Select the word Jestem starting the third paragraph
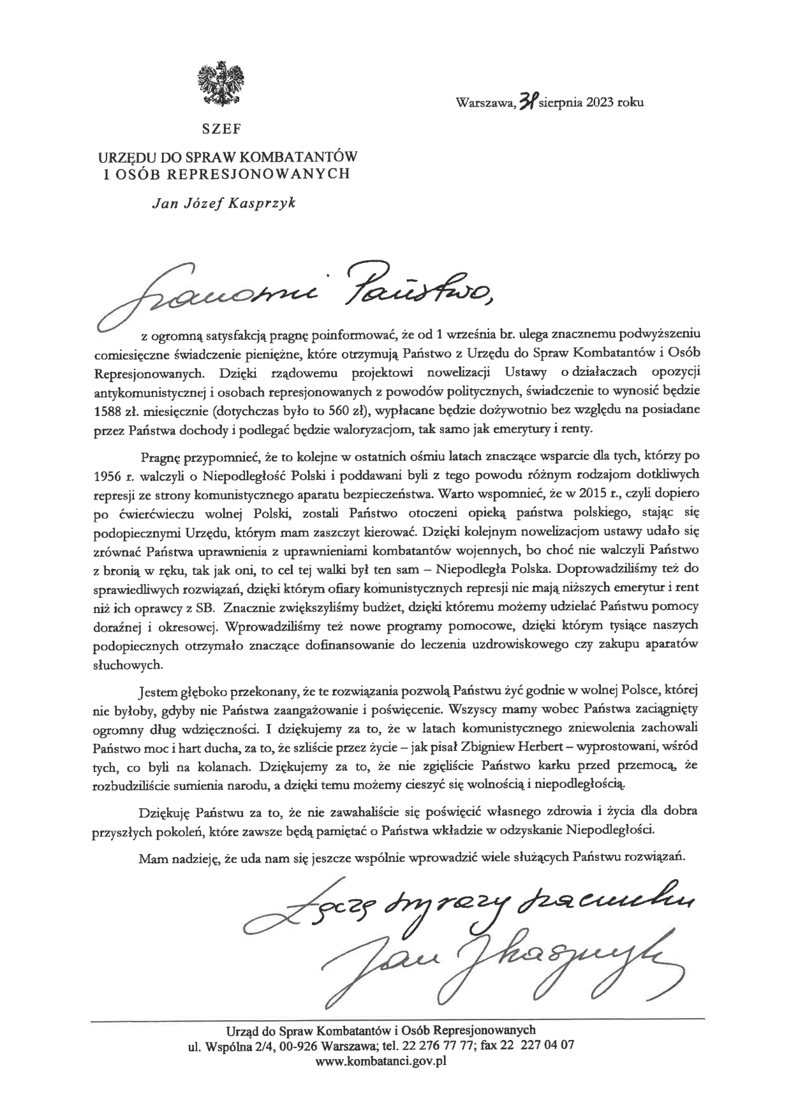pos(158,690)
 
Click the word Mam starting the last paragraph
pos(153,857)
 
